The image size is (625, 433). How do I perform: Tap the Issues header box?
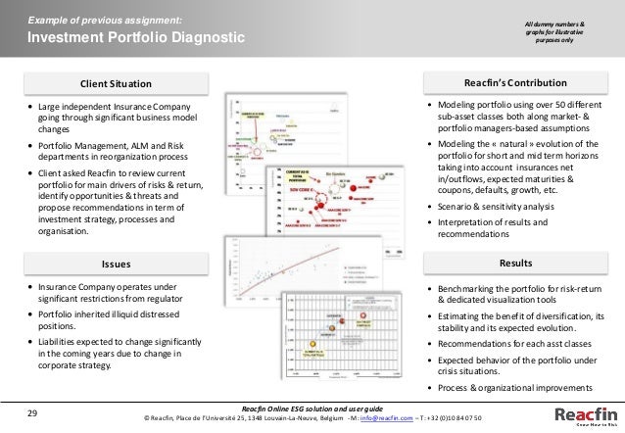click(116, 264)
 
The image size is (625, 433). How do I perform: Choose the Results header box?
click(515, 264)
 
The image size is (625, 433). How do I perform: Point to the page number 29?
click(32, 413)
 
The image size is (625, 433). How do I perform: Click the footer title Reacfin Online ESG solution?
click(313, 408)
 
